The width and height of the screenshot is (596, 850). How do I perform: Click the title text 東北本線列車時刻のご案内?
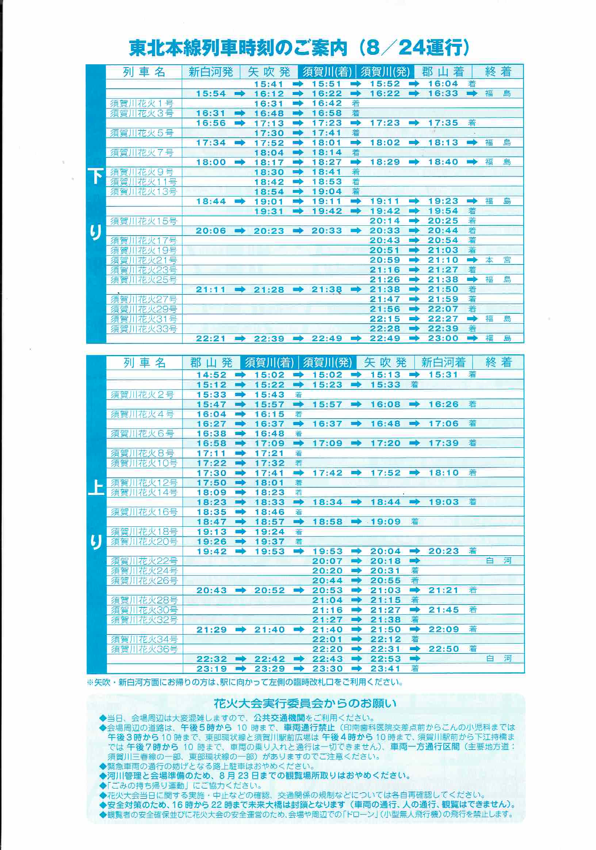(238, 49)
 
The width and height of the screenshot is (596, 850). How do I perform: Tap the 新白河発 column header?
(210, 72)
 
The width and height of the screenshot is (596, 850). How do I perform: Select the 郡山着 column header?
(443, 72)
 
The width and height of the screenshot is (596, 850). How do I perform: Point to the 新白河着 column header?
(443, 362)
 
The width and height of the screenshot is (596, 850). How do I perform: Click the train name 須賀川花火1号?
(142, 103)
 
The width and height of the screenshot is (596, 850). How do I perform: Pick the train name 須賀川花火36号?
(144, 649)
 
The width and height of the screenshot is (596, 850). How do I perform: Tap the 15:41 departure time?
(268, 84)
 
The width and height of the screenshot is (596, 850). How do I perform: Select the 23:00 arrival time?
(443, 338)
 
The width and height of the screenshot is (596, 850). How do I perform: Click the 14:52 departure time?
(211, 375)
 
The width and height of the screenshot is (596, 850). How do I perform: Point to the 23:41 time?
(385, 668)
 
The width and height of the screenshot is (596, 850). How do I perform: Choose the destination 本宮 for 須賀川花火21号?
(498, 260)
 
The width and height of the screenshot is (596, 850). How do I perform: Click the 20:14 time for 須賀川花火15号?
(385, 221)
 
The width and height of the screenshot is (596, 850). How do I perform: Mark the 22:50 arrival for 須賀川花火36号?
(443, 649)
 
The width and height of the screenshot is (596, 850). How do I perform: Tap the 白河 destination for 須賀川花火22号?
(498, 561)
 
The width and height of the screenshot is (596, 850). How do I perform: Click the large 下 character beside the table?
(96, 176)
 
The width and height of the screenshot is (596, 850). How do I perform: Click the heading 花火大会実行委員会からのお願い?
(305, 704)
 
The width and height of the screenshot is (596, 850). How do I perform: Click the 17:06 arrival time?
(443, 424)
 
